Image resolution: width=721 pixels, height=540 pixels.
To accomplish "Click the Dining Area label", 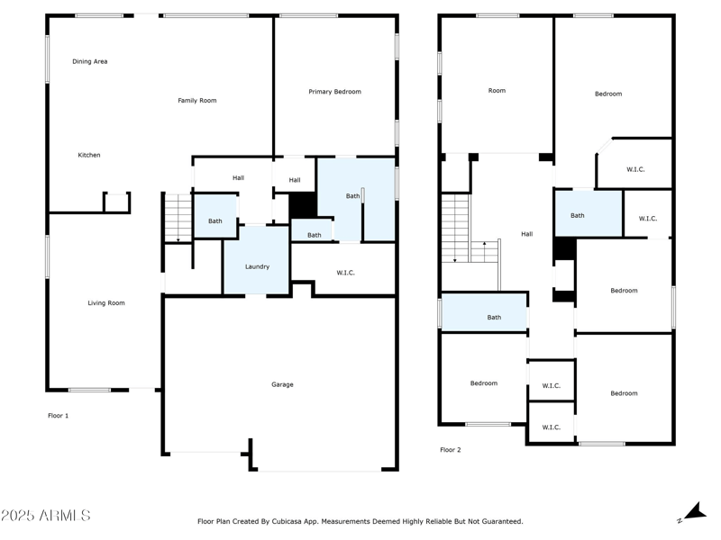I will coord(90,61).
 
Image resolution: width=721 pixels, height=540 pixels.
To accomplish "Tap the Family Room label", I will coord(196,101).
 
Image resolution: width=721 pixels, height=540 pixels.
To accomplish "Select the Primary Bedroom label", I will coord(334,92).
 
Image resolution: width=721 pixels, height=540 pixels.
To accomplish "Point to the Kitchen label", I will coord(89,155).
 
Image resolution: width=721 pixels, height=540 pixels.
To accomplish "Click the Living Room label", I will coord(105,303).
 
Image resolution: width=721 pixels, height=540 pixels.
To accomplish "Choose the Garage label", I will coord(282,384).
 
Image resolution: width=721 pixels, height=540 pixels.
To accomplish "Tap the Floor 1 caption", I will coord(58,416).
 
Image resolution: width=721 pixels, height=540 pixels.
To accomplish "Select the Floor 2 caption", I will coord(450,449).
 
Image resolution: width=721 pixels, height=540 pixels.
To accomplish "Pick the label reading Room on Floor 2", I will coord(497,91).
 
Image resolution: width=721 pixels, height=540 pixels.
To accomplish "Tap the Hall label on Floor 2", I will coord(526,234).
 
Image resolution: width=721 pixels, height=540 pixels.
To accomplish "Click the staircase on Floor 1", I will coord(178,218).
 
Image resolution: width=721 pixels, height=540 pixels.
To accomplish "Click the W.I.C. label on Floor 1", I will coord(344,273).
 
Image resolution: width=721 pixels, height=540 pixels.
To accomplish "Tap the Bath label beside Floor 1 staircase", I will coord(215,221).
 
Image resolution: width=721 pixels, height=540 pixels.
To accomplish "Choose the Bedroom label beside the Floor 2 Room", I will coord(608,94).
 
